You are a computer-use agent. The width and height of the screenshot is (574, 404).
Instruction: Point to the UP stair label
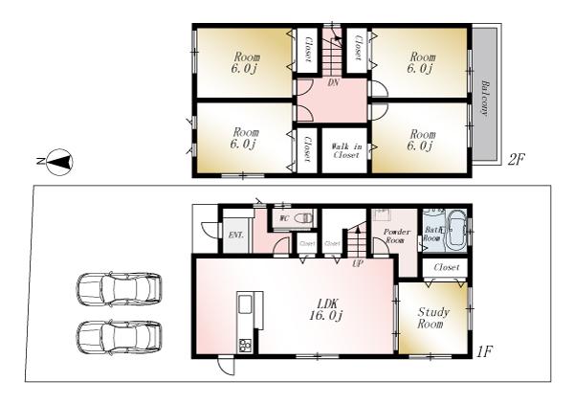[x=359, y=262]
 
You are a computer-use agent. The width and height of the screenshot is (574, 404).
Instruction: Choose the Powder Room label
[x=396, y=236]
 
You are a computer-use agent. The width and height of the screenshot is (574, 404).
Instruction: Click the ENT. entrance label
[x=235, y=234]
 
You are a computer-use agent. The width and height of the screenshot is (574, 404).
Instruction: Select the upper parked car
[x=119, y=288]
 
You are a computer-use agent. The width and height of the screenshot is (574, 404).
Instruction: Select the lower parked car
[x=119, y=336]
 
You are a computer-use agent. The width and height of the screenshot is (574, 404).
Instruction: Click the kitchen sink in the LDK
[x=245, y=307]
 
